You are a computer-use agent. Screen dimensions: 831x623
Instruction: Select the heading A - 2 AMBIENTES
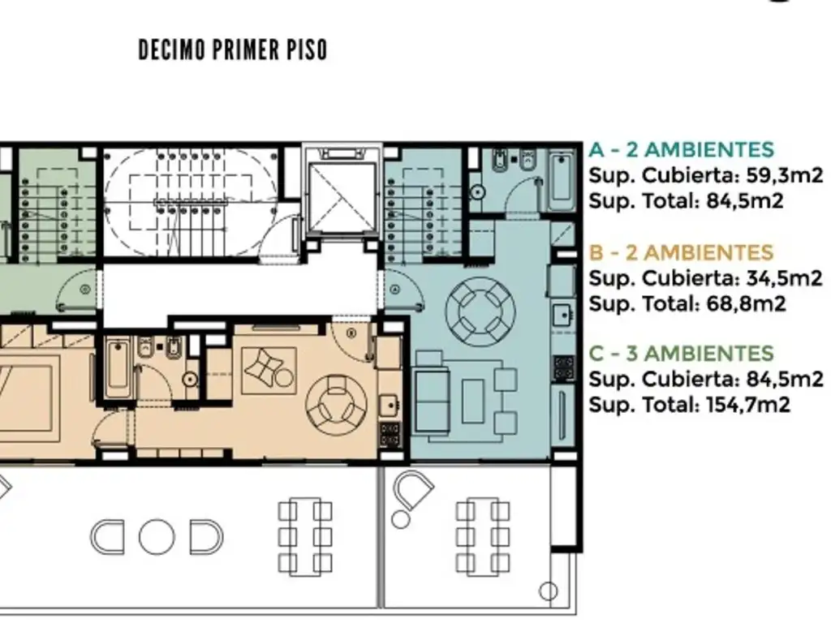click(x=682, y=150)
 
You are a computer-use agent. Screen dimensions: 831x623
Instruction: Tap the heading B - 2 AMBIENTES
click(x=682, y=253)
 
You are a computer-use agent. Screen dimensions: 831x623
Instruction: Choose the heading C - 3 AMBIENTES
click(x=682, y=354)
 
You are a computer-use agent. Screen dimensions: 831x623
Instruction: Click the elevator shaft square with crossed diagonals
click(x=342, y=198)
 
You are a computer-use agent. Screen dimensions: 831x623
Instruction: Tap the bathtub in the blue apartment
click(x=562, y=179)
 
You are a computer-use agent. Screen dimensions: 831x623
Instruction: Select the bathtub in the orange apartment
click(x=117, y=370)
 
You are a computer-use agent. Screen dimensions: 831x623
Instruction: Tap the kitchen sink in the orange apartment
click(x=390, y=406)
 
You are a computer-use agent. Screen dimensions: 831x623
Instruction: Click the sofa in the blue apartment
click(x=432, y=401)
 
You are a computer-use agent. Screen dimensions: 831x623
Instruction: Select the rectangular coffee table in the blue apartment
click(x=473, y=401)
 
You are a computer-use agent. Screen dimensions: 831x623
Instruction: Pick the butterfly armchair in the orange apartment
click(x=269, y=370)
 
